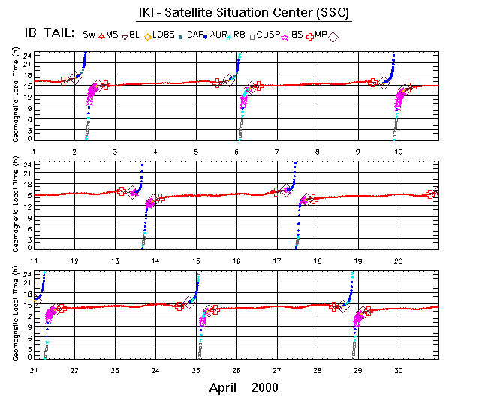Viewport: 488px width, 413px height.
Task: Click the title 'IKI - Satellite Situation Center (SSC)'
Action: (244, 14)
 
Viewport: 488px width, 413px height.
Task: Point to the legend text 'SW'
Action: (89, 35)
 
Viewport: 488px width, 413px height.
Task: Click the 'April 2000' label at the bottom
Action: (243, 387)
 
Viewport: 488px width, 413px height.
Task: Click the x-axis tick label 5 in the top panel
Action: (196, 152)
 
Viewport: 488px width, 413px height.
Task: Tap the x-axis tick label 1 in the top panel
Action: (34, 152)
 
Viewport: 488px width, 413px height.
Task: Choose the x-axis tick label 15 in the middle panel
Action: (196, 260)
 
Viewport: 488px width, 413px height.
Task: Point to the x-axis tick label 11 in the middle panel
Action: (34, 260)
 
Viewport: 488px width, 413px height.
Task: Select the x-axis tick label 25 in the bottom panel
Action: (196, 370)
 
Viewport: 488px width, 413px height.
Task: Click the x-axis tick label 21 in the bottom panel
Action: (34, 370)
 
